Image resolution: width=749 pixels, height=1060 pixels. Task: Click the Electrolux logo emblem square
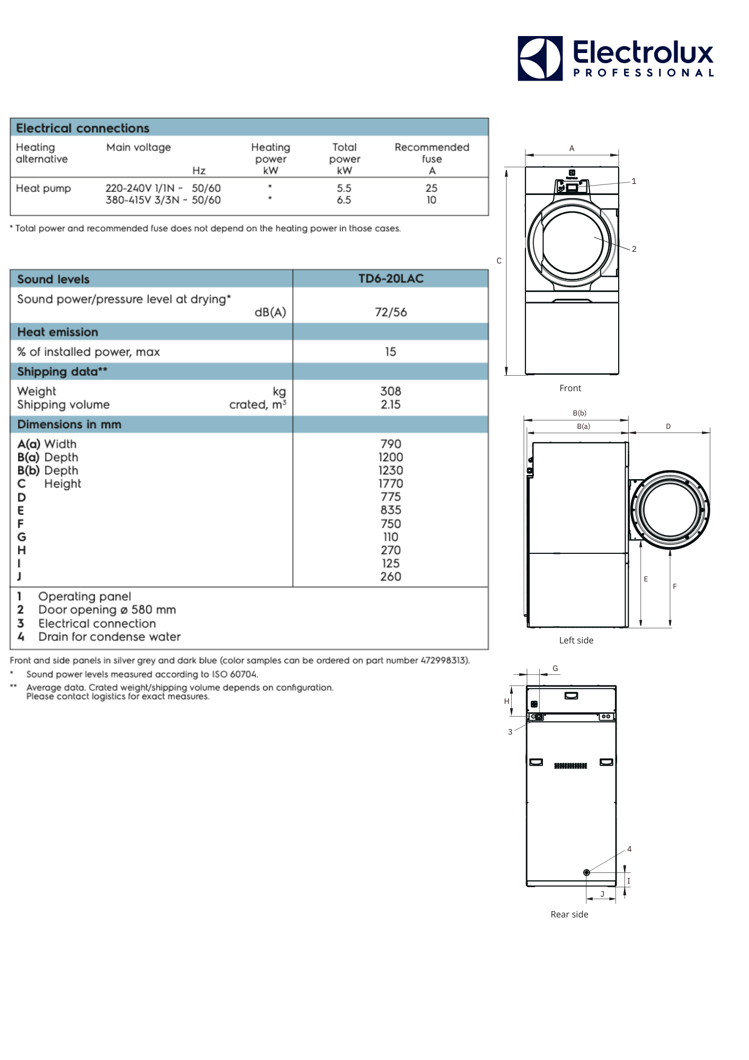540,58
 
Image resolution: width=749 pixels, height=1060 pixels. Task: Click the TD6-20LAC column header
390,279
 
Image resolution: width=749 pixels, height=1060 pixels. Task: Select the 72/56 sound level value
390,312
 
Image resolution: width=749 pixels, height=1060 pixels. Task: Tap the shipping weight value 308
390,391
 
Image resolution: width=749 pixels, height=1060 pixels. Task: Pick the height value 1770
390,483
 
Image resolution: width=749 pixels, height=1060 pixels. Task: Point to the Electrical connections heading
83,128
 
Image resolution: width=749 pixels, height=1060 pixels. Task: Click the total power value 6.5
344,200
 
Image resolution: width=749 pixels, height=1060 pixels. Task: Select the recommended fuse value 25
431,188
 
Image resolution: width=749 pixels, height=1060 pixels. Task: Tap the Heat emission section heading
58,332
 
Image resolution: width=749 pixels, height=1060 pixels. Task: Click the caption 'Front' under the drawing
570,388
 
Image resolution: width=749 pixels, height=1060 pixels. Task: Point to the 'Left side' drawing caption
576,640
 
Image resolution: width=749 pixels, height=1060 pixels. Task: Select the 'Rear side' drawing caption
569,914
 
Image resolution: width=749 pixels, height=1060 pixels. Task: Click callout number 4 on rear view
629,849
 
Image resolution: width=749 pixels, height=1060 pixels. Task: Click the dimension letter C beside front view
499,261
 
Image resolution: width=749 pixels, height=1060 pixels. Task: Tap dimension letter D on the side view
668,426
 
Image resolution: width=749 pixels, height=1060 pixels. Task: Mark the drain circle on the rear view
586,872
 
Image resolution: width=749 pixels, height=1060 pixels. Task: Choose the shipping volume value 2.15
390,404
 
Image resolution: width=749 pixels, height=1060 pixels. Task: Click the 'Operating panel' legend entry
84,596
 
